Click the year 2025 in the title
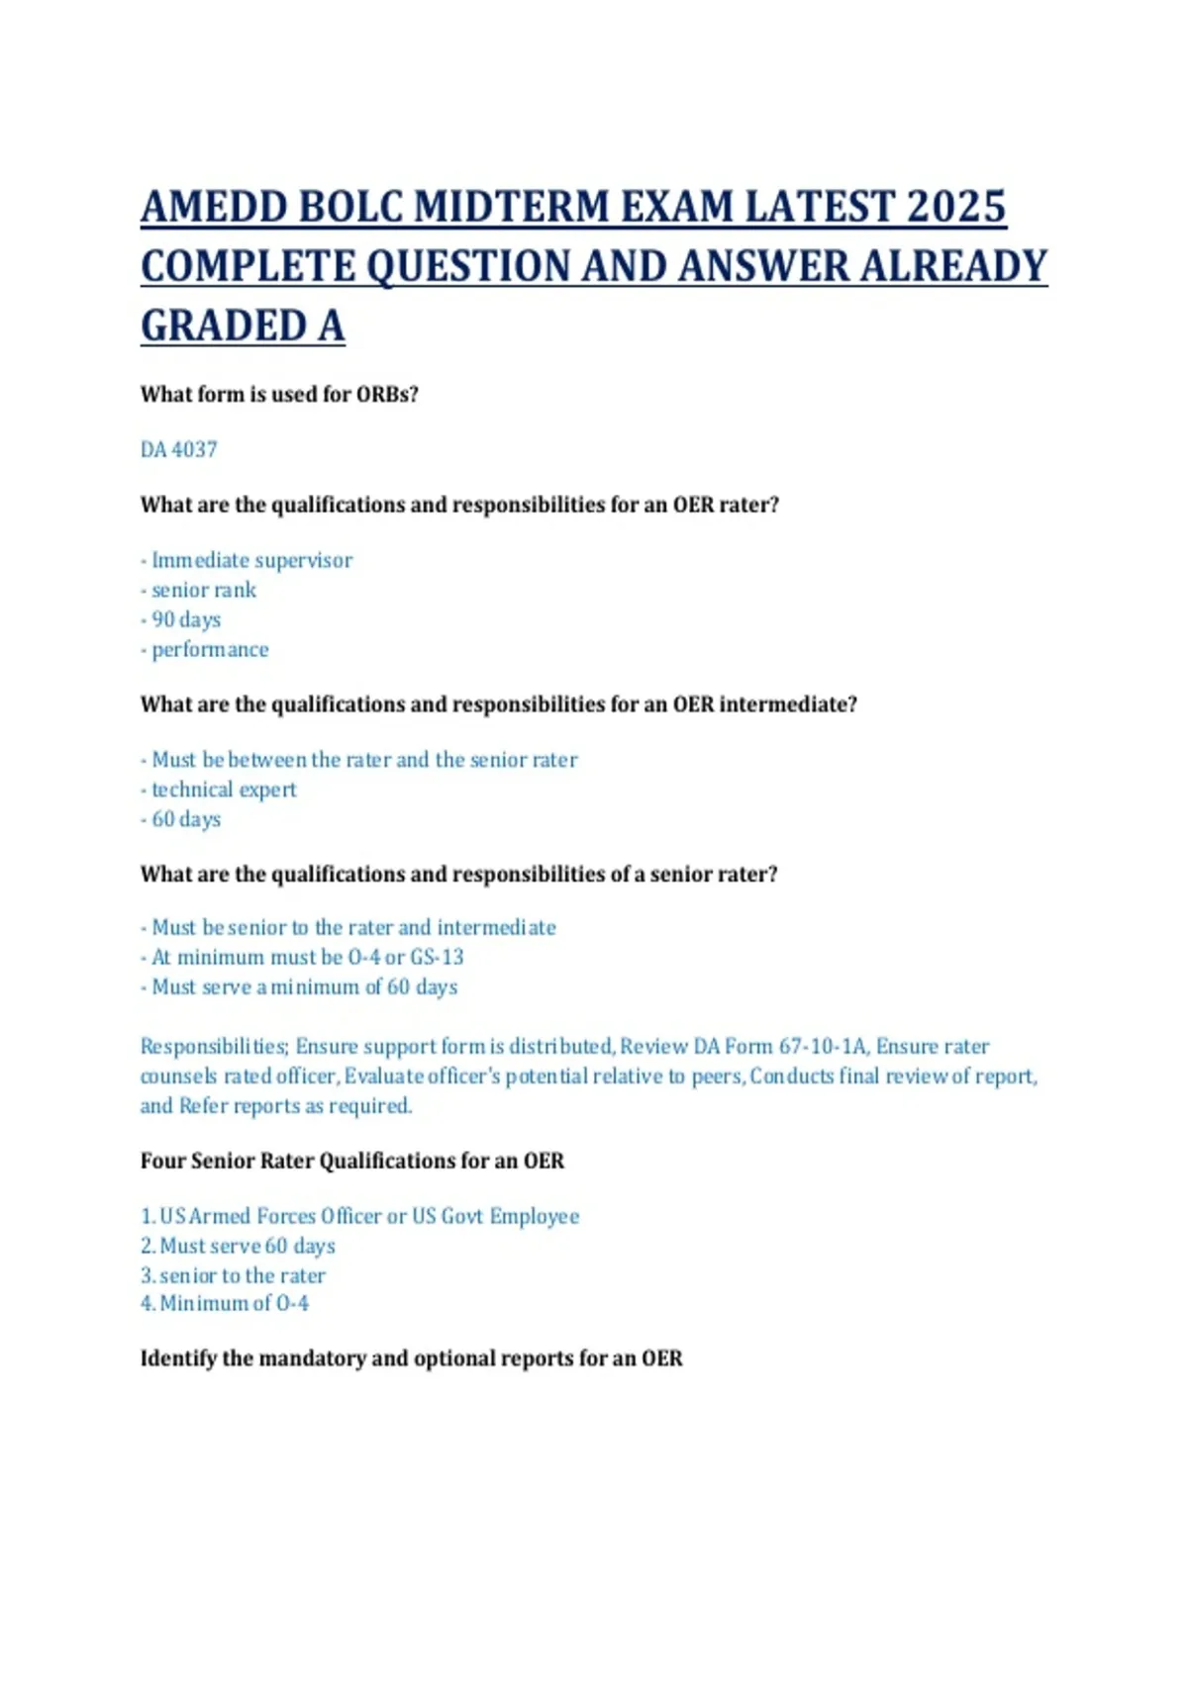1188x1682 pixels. pyautogui.click(x=955, y=207)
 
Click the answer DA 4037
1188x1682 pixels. pyautogui.click(x=178, y=449)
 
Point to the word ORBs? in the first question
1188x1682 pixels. pyautogui.click(x=387, y=394)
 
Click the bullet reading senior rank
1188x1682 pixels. pyautogui.click(x=203, y=590)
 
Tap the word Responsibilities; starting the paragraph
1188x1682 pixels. pyautogui.click(x=214, y=1046)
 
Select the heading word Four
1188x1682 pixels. pyautogui.click(x=161, y=1161)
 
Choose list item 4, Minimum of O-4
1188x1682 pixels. pyautogui.click(x=225, y=1303)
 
